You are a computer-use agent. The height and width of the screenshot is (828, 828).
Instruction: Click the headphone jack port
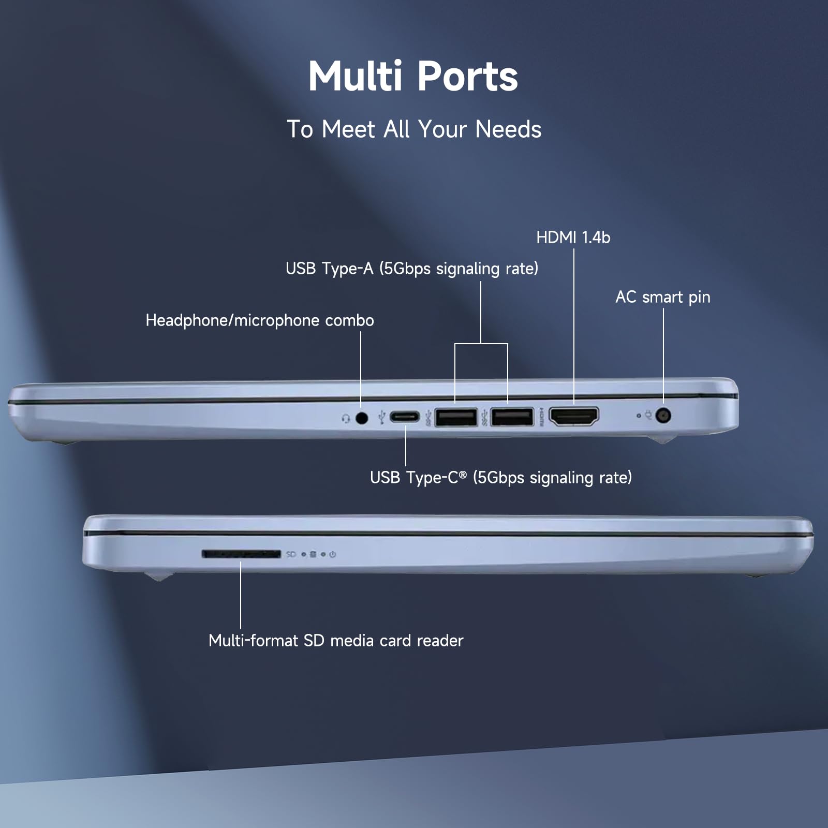(x=362, y=417)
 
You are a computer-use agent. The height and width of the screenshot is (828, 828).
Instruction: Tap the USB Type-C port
(x=405, y=417)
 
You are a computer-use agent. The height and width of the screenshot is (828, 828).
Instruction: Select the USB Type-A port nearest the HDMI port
(x=512, y=417)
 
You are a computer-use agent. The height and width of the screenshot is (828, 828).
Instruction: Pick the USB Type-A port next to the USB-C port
(x=456, y=417)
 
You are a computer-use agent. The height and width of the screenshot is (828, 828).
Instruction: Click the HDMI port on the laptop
(x=573, y=416)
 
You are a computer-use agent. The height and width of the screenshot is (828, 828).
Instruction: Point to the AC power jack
(x=663, y=415)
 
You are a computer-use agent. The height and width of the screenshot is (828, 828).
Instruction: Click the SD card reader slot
(x=241, y=554)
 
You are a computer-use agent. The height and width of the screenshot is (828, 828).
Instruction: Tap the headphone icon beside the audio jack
(x=346, y=418)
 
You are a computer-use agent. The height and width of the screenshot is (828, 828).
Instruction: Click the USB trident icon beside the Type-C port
(x=382, y=417)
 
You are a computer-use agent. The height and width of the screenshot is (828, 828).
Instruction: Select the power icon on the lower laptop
(x=333, y=554)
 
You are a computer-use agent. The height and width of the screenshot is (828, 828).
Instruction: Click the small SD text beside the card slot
(x=291, y=554)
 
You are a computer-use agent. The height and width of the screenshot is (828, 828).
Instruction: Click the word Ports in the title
(x=467, y=77)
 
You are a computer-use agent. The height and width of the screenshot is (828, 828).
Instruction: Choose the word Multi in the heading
(x=355, y=77)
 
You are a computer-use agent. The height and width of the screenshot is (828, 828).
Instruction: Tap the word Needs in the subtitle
(x=508, y=129)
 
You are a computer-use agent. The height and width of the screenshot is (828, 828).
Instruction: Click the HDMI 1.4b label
(x=573, y=238)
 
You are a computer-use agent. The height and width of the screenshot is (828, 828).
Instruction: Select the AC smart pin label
(x=662, y=297)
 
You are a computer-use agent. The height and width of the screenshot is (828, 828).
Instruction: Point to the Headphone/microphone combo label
(x=260, y=320)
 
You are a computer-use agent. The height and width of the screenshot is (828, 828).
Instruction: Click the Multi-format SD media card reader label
(x=336, y=641)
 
